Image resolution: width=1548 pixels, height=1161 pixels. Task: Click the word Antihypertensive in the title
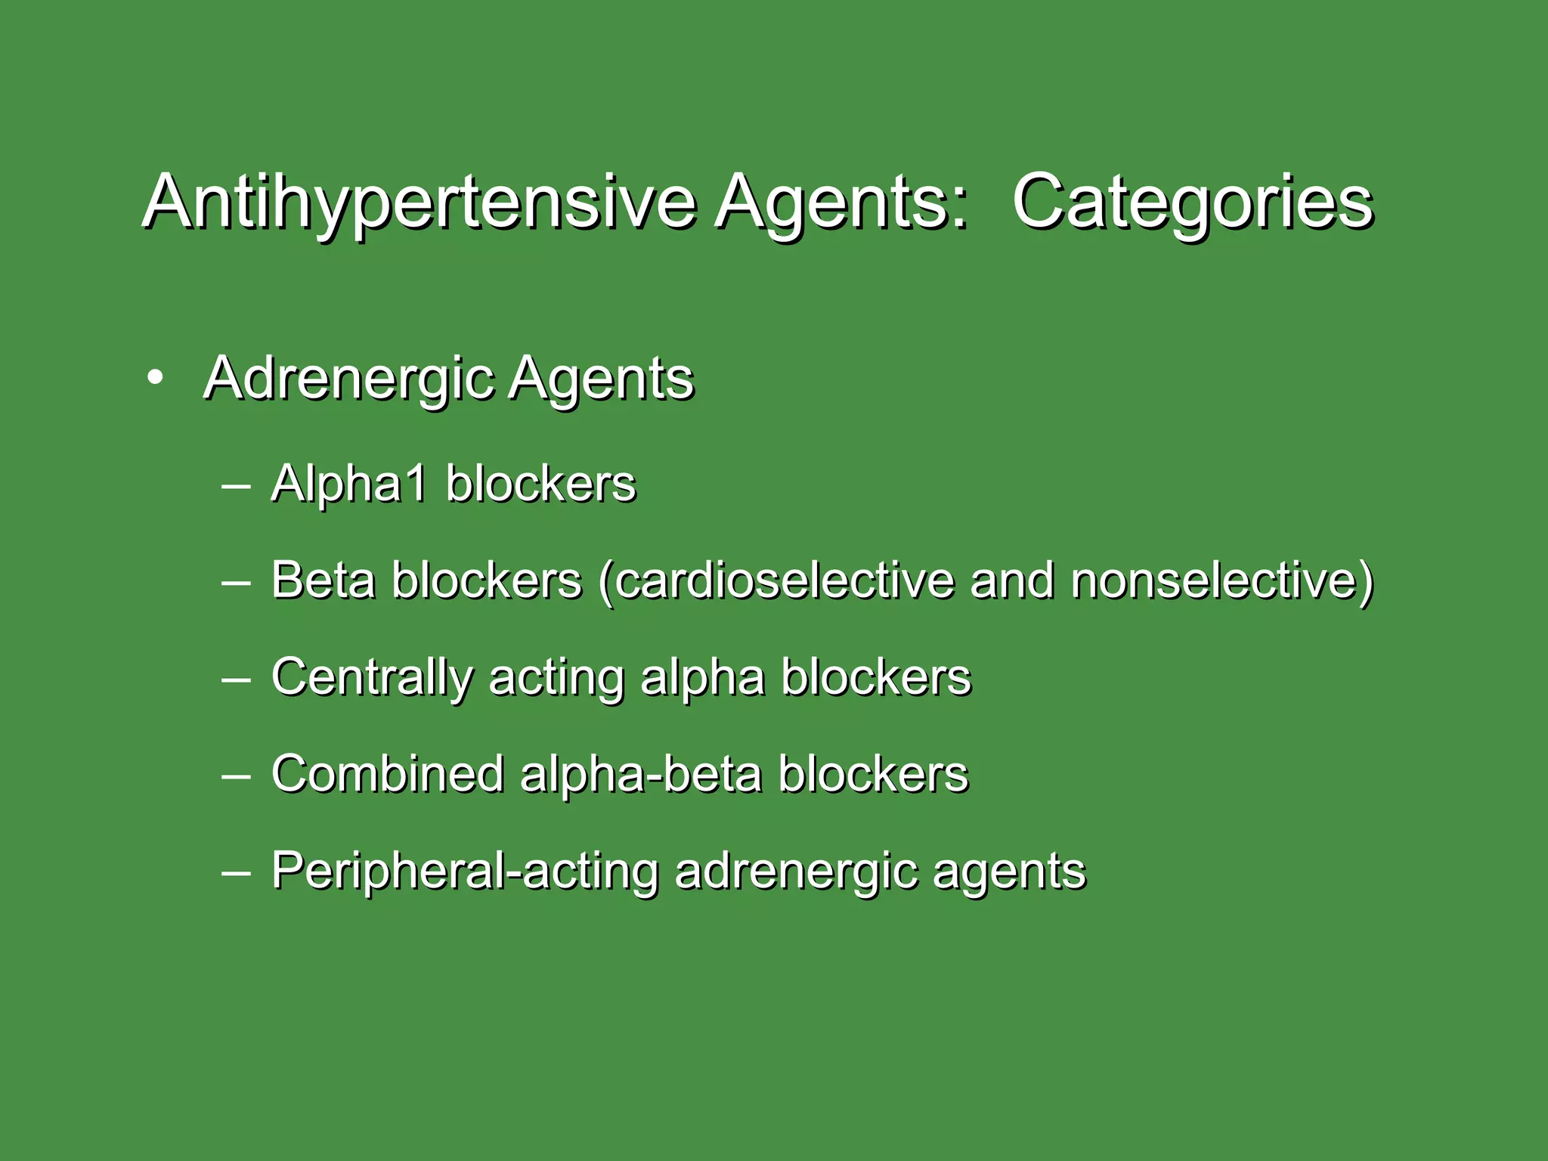tap(418, 203)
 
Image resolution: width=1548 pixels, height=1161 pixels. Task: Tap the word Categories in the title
tap(1192, 203)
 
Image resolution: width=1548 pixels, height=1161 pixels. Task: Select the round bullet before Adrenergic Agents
tap(155, 379)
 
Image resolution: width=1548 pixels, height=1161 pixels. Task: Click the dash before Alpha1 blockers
tap(236, 485)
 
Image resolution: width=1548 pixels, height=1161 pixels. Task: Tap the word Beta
tap(323, 580)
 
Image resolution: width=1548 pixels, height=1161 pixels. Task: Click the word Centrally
tap(371, 678)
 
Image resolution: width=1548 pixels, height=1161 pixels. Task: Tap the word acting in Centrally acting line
tap(556, 678)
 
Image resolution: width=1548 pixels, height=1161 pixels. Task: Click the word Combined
tap(387, 774)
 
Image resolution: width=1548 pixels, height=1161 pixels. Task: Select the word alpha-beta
tap(640, 774)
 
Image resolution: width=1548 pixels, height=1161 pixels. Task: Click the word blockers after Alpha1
tap(540, 484)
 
